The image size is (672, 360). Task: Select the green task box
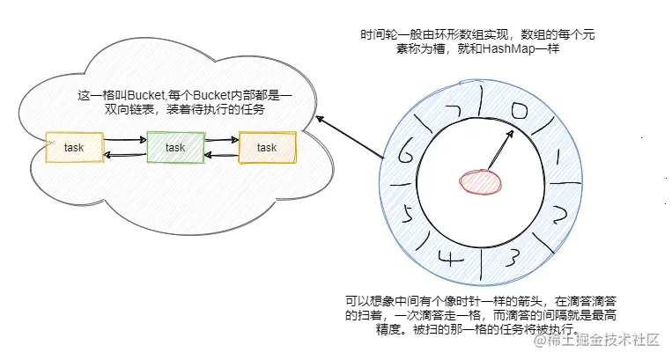[175, 147]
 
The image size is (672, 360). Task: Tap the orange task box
[268, 147]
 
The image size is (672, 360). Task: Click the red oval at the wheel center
[480, 181]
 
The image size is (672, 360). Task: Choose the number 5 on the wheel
[406, 213]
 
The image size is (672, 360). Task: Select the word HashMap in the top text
[520, 50]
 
